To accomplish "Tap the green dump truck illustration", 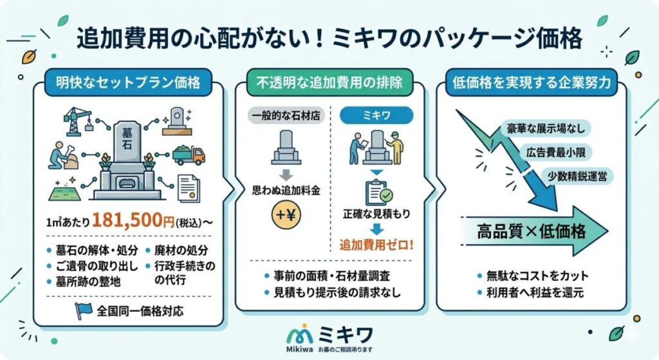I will (189, 155).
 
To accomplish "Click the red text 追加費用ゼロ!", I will (377, 245).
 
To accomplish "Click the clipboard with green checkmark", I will (378, 193).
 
